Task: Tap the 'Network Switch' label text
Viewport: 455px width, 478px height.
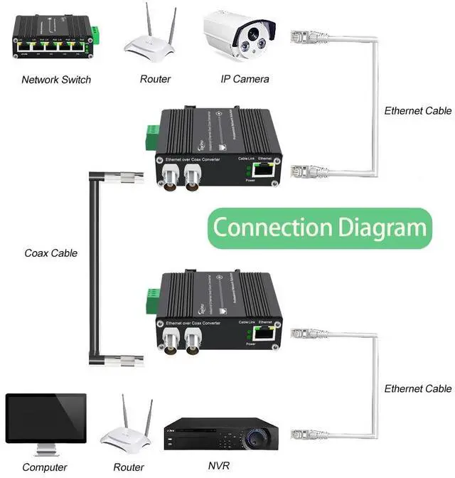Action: [56, 80]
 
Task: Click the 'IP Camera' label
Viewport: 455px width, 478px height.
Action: [245, 79]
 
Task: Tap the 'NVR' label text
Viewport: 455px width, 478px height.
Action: [217, 467]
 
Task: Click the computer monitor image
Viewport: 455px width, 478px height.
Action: [45, 420]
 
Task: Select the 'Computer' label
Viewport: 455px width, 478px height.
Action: [45, 467]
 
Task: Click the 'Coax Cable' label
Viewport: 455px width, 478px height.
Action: [51, 253]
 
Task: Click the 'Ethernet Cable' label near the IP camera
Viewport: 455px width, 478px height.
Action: [417, 111]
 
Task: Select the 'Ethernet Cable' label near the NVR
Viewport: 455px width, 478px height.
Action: [417, 388]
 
